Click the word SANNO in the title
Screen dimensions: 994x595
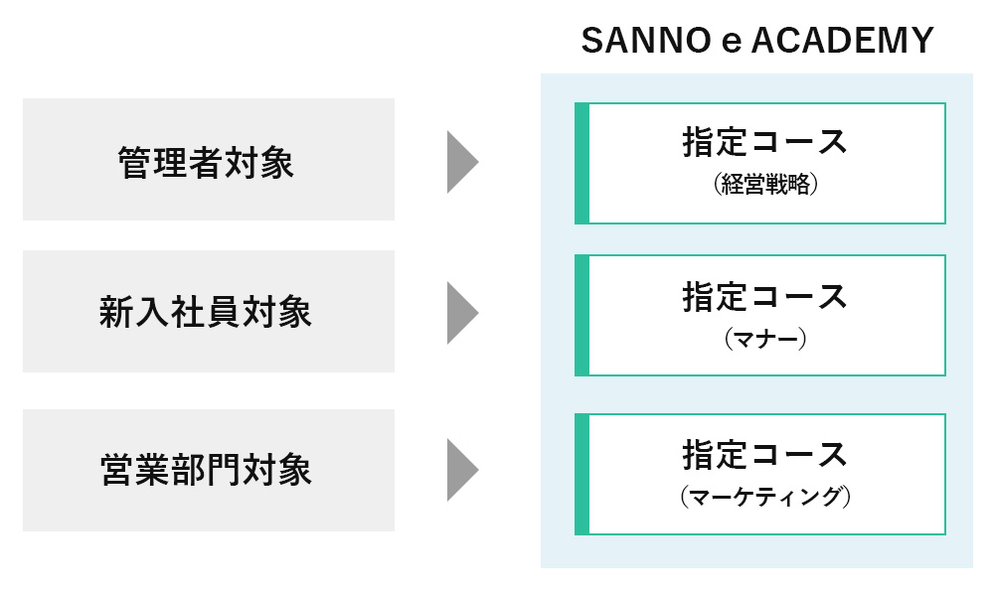(x=646, y=41)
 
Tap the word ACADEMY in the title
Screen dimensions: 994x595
(x=843, y=41)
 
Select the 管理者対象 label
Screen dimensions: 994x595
(x=206, y=163)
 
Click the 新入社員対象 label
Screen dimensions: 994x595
(x=206, y=312)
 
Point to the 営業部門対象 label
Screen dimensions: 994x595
(x=206, y=470)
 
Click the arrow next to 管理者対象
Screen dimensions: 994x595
(x=463, y=162)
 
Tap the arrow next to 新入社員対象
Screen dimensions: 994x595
(x=463, y=313)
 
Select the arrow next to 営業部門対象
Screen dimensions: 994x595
(x=463, y=470)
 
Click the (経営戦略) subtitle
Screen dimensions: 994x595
(x=765, y=184)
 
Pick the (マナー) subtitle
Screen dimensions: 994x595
(x=765, y=339)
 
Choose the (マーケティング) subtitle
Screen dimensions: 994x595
(x=765, y=496)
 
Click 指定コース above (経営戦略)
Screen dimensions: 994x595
(x=765, y=141)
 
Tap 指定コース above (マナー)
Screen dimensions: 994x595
(x=765, y=297)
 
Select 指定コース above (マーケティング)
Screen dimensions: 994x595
(x=765, y=454)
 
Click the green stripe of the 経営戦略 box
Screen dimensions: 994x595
(x=581, y=164)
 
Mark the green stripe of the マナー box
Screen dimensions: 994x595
(x=581, y=316)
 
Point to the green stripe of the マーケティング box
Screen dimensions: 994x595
(x=581, y=475)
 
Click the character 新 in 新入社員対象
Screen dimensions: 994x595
(x=115, y=312)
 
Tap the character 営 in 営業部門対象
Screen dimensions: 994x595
(x=116, y=470)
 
